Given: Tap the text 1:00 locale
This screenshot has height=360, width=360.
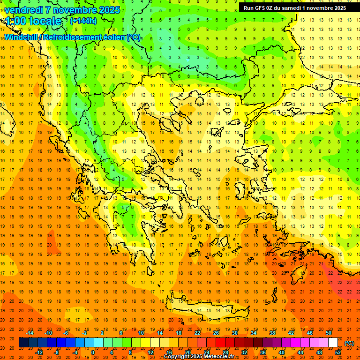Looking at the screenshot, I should pyautogui.click(x=34, y=21).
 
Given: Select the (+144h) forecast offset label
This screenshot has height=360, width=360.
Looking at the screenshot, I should pyautogui.click(x=83, y=21).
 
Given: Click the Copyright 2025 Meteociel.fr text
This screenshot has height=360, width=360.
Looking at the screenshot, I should pyautogui.click(x=205, y=357).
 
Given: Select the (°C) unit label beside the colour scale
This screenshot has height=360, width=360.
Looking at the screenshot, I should pyautogui.click(x=349, y=343).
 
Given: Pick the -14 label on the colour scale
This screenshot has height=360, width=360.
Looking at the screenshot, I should pyautogui.click(x=30, y=333).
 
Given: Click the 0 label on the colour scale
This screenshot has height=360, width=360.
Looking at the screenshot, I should pyautogui.click(x=92, y=352).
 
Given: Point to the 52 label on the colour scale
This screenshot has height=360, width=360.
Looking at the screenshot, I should pyautogui.click(x=338, y=352).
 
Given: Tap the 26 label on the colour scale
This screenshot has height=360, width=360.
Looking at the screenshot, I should pyautogui.click(x=216, y=333).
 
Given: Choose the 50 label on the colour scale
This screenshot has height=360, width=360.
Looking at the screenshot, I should pyautogui.click(x=328, y=333).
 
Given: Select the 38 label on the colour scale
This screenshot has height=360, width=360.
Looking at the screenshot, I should pyautogui.click(x=272, y=333).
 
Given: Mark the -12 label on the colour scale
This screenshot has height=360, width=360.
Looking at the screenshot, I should pyautogui.click(x=39, y=352).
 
